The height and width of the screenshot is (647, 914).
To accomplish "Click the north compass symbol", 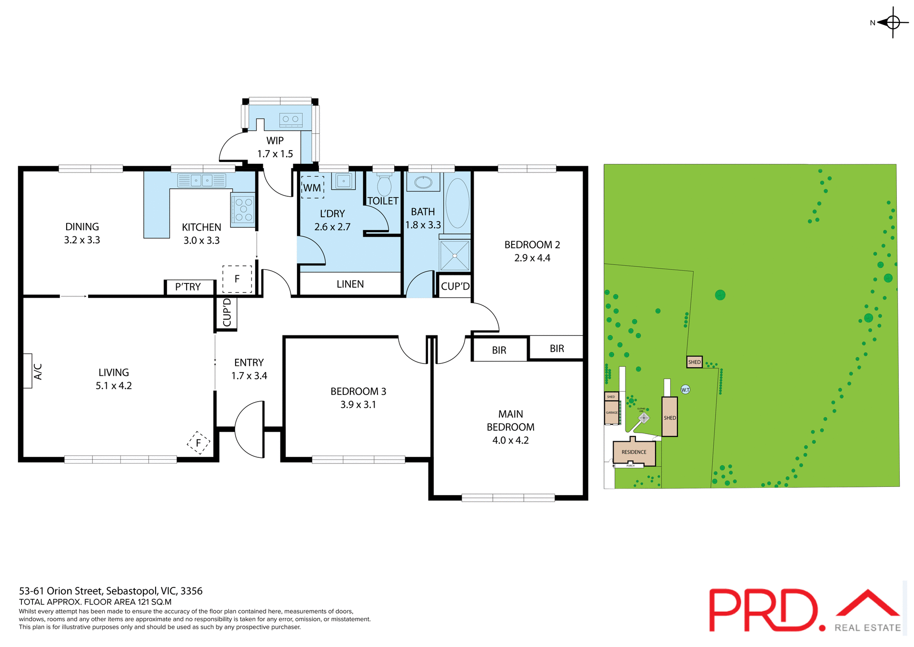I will click(x=892, y=22).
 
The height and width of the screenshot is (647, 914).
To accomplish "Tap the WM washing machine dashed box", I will click(x=312, y=188).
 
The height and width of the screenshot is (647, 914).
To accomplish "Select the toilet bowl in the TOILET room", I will click(x=384, y=185).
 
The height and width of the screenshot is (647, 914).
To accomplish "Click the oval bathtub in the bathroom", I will click(x=457, y=203).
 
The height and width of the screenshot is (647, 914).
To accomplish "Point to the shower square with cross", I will click(x=455, y=256).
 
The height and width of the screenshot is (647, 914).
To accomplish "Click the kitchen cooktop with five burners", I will click(x=243, y=210).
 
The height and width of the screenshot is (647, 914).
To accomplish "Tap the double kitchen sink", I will click(x=201, y=181).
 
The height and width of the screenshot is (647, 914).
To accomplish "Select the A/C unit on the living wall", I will click(x=28, y=371).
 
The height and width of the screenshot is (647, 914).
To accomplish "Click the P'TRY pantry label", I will click(x=188, y=287).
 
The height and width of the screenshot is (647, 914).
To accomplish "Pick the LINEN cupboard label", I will click(x=350, y=284).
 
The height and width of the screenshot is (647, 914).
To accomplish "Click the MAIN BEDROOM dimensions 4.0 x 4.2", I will click(x=510, y=440).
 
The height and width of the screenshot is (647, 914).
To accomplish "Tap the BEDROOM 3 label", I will click(x=358, y=391).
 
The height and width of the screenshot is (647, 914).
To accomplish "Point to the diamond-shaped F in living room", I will click(x=199, y=443).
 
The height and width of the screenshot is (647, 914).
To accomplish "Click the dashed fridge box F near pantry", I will click(x=237, y=279).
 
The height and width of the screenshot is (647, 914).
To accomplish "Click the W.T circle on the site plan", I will click(x=685, y=390).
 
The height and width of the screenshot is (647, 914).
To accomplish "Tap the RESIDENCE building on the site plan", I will click(x=634, y=452).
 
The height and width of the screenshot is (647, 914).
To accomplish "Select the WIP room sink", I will click(x=290, y=120).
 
